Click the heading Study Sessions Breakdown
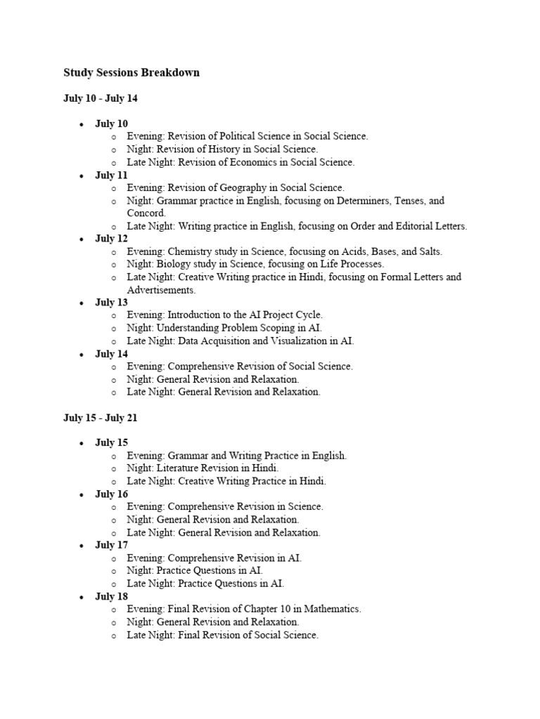click(x=131, y=72)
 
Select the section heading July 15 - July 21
click(x=101, y=418)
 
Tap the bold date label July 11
click(x=111, y=175)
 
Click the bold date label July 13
click(x=111, y=303)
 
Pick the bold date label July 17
click(x=111, y=545)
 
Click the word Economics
click(x=255, y=162)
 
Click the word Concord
click(x=146, y=213)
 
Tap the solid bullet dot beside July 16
click(x=82, y=494)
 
